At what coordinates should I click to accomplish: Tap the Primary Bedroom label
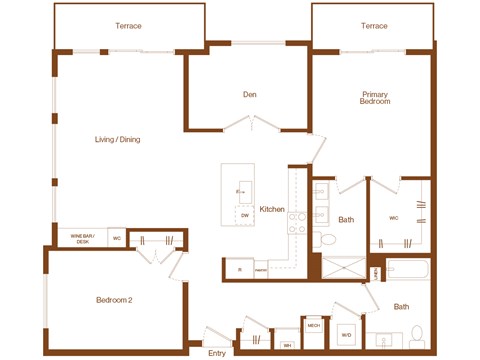[375, 98]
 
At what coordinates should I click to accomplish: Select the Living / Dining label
[117, 140]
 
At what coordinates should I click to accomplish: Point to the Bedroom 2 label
[116, 300]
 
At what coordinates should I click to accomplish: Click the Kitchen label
[272, 209]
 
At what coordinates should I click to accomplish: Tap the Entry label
[217, 352]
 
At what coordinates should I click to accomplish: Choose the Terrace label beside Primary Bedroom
[374, 25]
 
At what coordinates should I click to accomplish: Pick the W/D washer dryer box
[346, 335]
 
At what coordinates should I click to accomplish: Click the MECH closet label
[314, 326]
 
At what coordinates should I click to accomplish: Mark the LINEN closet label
[375, 271]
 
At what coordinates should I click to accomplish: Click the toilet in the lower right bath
[418, 334]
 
